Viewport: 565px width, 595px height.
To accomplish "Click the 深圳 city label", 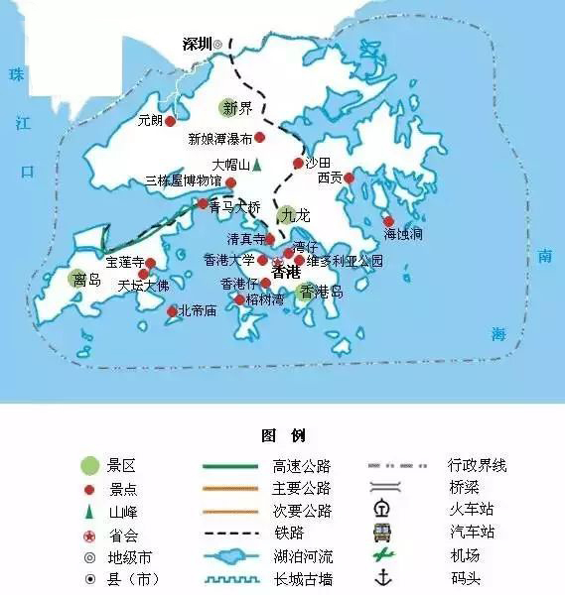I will (x=198, y=45).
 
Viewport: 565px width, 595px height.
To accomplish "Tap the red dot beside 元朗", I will (x=170, y=121).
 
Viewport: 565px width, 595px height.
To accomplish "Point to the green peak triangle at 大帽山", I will (x=255, y=165).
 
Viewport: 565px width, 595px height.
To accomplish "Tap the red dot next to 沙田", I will (x=297, y=163).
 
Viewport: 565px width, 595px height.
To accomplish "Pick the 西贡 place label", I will (x=330, y=178).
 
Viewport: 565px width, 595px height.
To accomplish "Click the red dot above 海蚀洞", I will (x=388, y=221).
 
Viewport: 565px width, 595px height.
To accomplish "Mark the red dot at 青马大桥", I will (x=204, y=204).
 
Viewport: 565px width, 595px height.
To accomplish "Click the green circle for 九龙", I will (x=287, y=214).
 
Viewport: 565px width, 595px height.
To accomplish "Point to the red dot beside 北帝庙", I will (x=172, y=310).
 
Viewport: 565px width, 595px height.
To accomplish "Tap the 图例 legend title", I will (x=282, y=435).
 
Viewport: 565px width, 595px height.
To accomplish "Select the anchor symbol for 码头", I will (x=381, y=578).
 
